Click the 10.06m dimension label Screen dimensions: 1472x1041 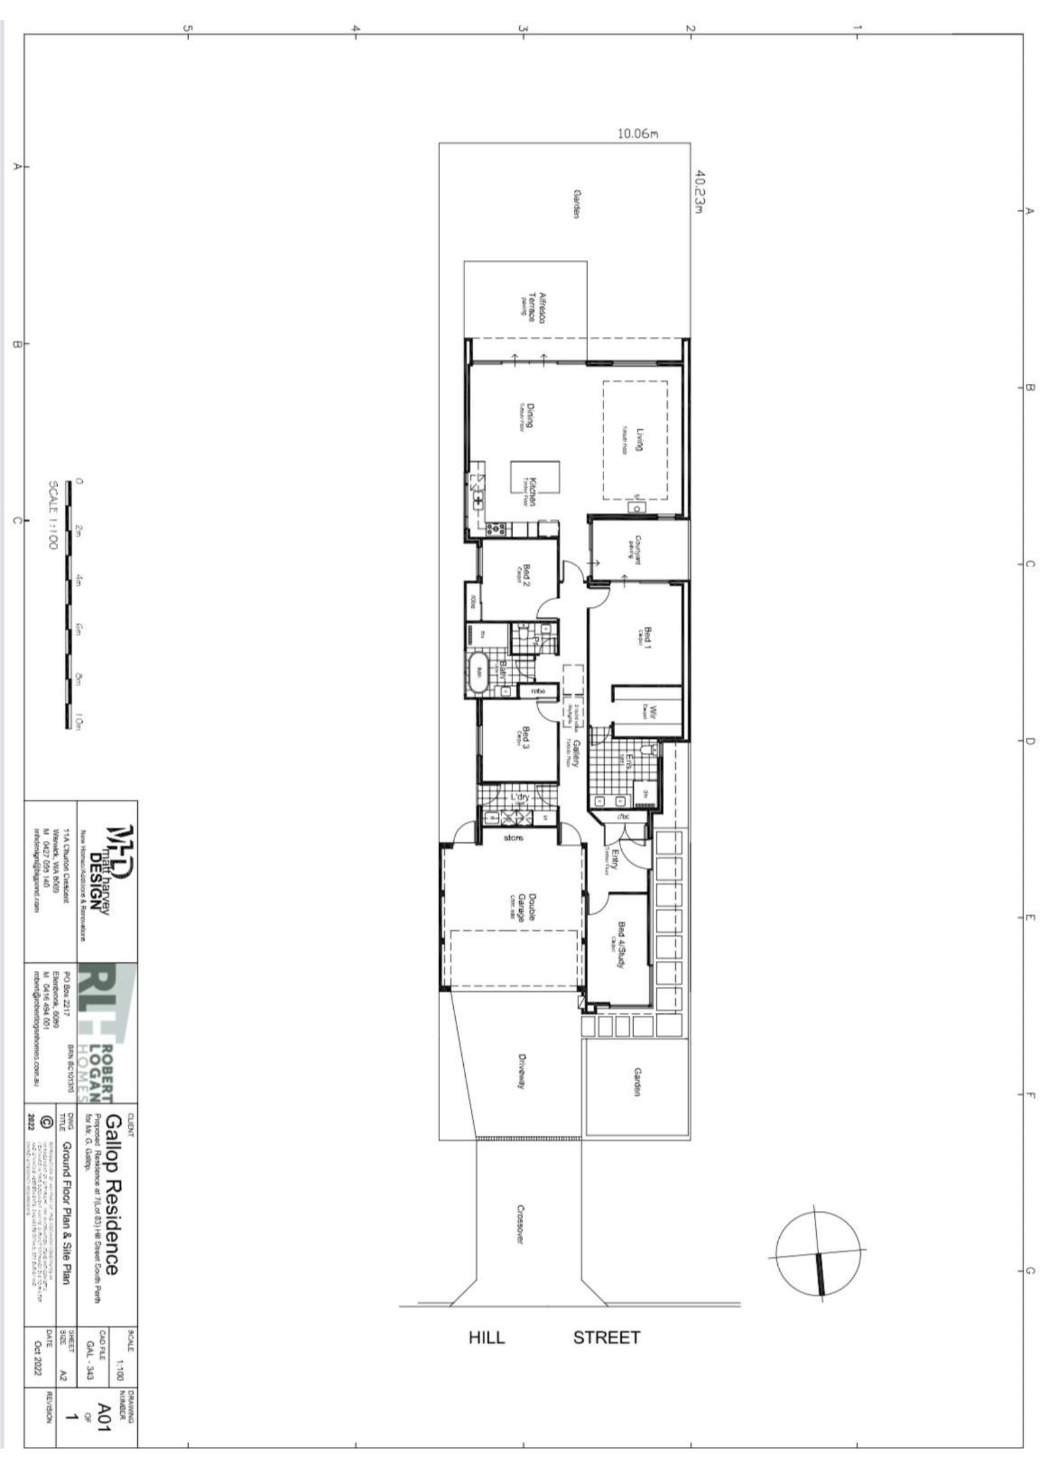tap(637, 134)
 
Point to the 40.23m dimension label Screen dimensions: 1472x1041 tap(700, 191)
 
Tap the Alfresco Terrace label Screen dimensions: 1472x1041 tap(536, 308)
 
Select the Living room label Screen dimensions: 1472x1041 tap(638, 439)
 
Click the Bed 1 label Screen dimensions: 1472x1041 tap(647, 638)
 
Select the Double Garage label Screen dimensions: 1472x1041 tap(526, 907)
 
